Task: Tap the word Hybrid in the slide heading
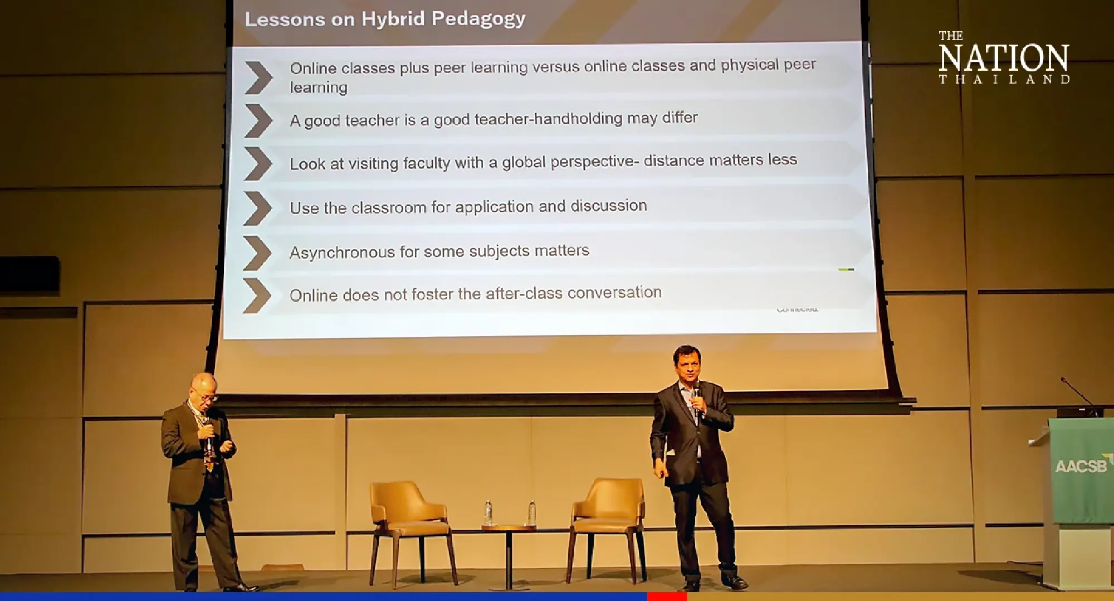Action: click(x=393, y=20)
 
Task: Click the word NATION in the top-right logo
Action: click(x=1003, y=59)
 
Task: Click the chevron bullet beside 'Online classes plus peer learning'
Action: click(x=258, y=77)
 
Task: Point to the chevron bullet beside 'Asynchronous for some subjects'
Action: click(x=257, y=253)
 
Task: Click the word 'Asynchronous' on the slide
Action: click(x=341, y=253)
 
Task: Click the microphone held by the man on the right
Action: click(x=696, y=399)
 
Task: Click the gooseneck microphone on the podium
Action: click(x=1078, y=393)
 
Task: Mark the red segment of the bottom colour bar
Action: click(x=666, y=597)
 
